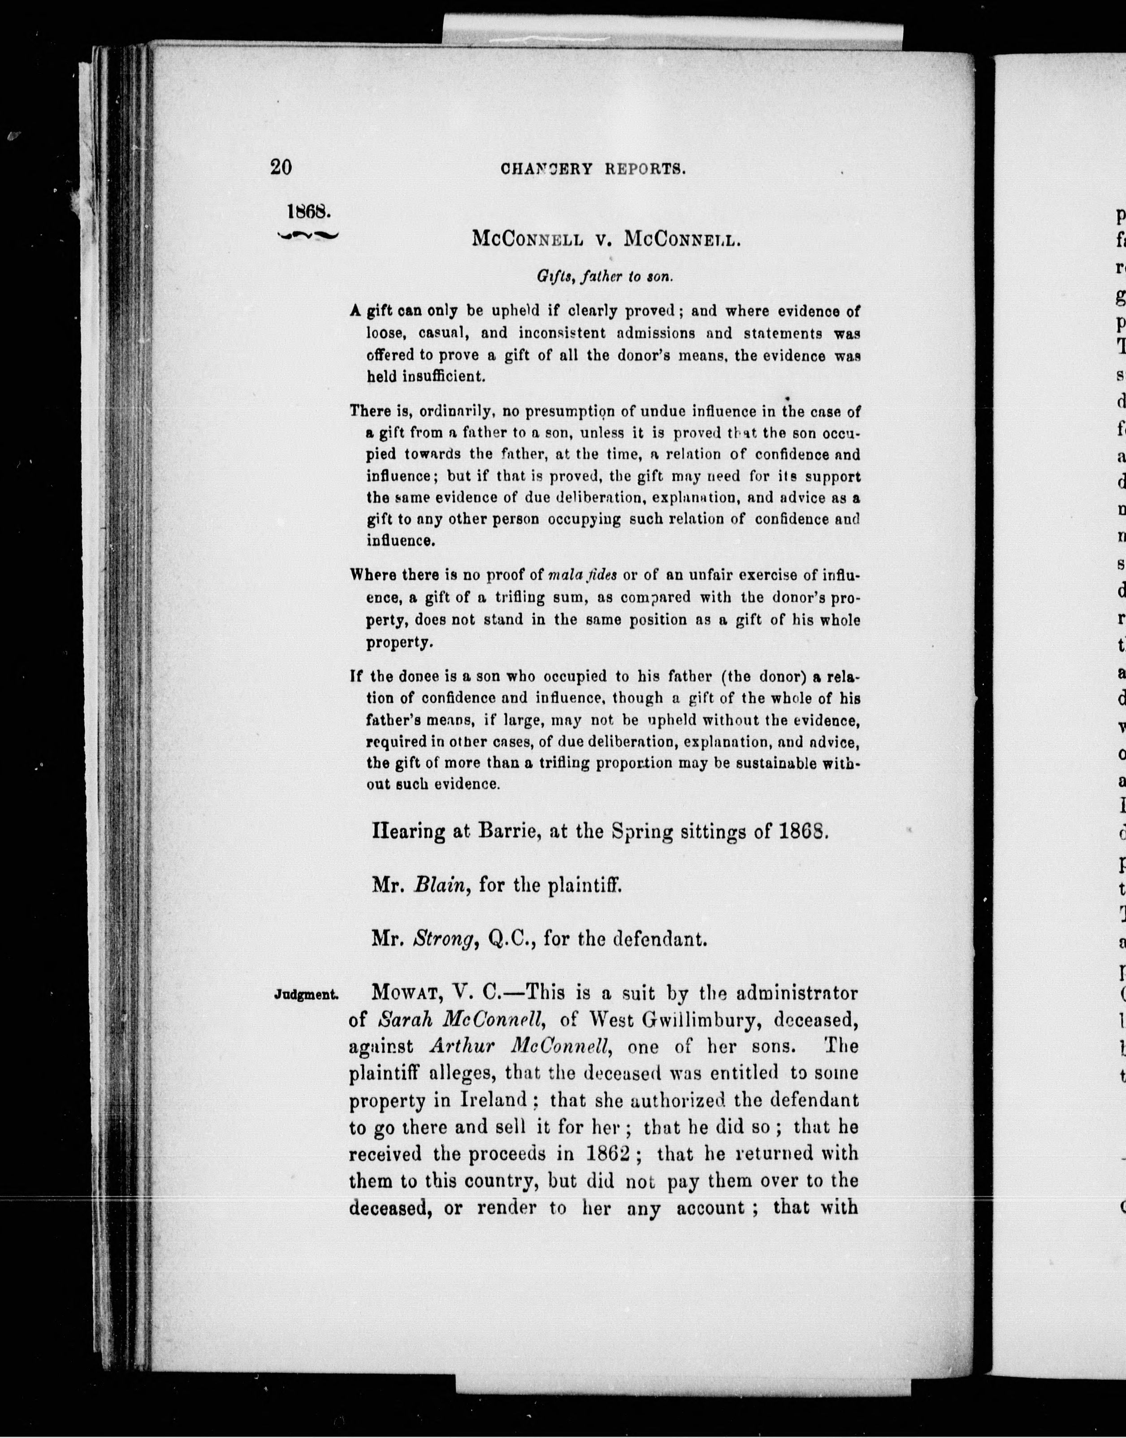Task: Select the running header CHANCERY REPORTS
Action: [594, 169]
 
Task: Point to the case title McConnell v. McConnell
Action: [607, 238]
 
